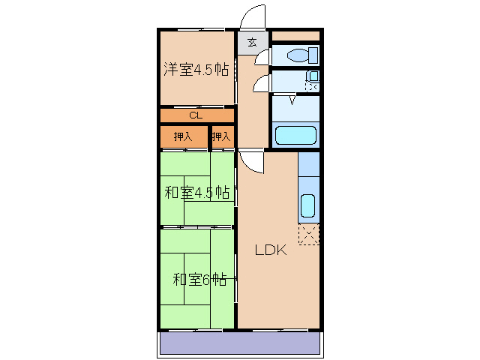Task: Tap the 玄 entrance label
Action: (x=253, y=42)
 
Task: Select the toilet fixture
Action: (x=304, y=55)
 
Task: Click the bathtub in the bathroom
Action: (x=295, y=136)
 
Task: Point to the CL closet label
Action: (x=195, y=115)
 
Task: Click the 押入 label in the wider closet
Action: (x=183, y=136)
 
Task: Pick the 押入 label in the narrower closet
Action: (x=221, y=136)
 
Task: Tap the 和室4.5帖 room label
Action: (x=196, y=192)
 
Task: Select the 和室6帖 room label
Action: (x=199, y=280)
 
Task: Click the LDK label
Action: (x=270, y=251)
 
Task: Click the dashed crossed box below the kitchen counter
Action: (x=309, y=234)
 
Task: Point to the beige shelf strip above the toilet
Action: (x=295, y=35)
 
